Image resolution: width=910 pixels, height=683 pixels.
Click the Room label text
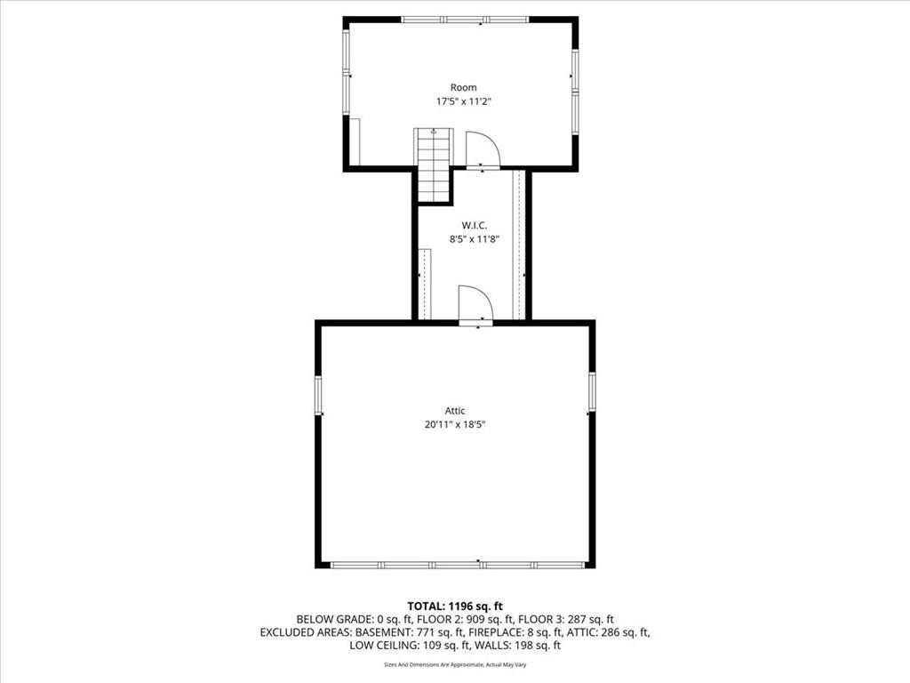click(x=464, y=88)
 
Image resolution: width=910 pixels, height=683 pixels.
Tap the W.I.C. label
click(x=475, y=225)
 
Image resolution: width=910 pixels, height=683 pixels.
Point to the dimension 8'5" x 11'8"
click(x=475, y=238)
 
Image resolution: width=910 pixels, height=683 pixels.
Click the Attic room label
click(x=455, y=411)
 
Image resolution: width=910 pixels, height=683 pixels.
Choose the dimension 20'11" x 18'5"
click(x=455, y=424)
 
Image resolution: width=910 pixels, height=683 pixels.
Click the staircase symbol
click(x=434, y=165)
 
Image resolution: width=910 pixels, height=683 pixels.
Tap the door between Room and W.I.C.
click(x=483, y=149)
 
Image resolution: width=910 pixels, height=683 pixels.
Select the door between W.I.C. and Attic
click(x=476, y=304)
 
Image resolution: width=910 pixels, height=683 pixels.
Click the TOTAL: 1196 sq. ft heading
click(x=455, y=607)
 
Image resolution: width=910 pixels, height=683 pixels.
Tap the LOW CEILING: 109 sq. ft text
click(x=410, y=646)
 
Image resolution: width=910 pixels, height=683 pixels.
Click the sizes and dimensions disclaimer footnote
click(x=455, y=664)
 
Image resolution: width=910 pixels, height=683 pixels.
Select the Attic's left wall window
click(x=319, y=395)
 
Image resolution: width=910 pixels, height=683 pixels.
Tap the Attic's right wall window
click(x=592, y=391)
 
